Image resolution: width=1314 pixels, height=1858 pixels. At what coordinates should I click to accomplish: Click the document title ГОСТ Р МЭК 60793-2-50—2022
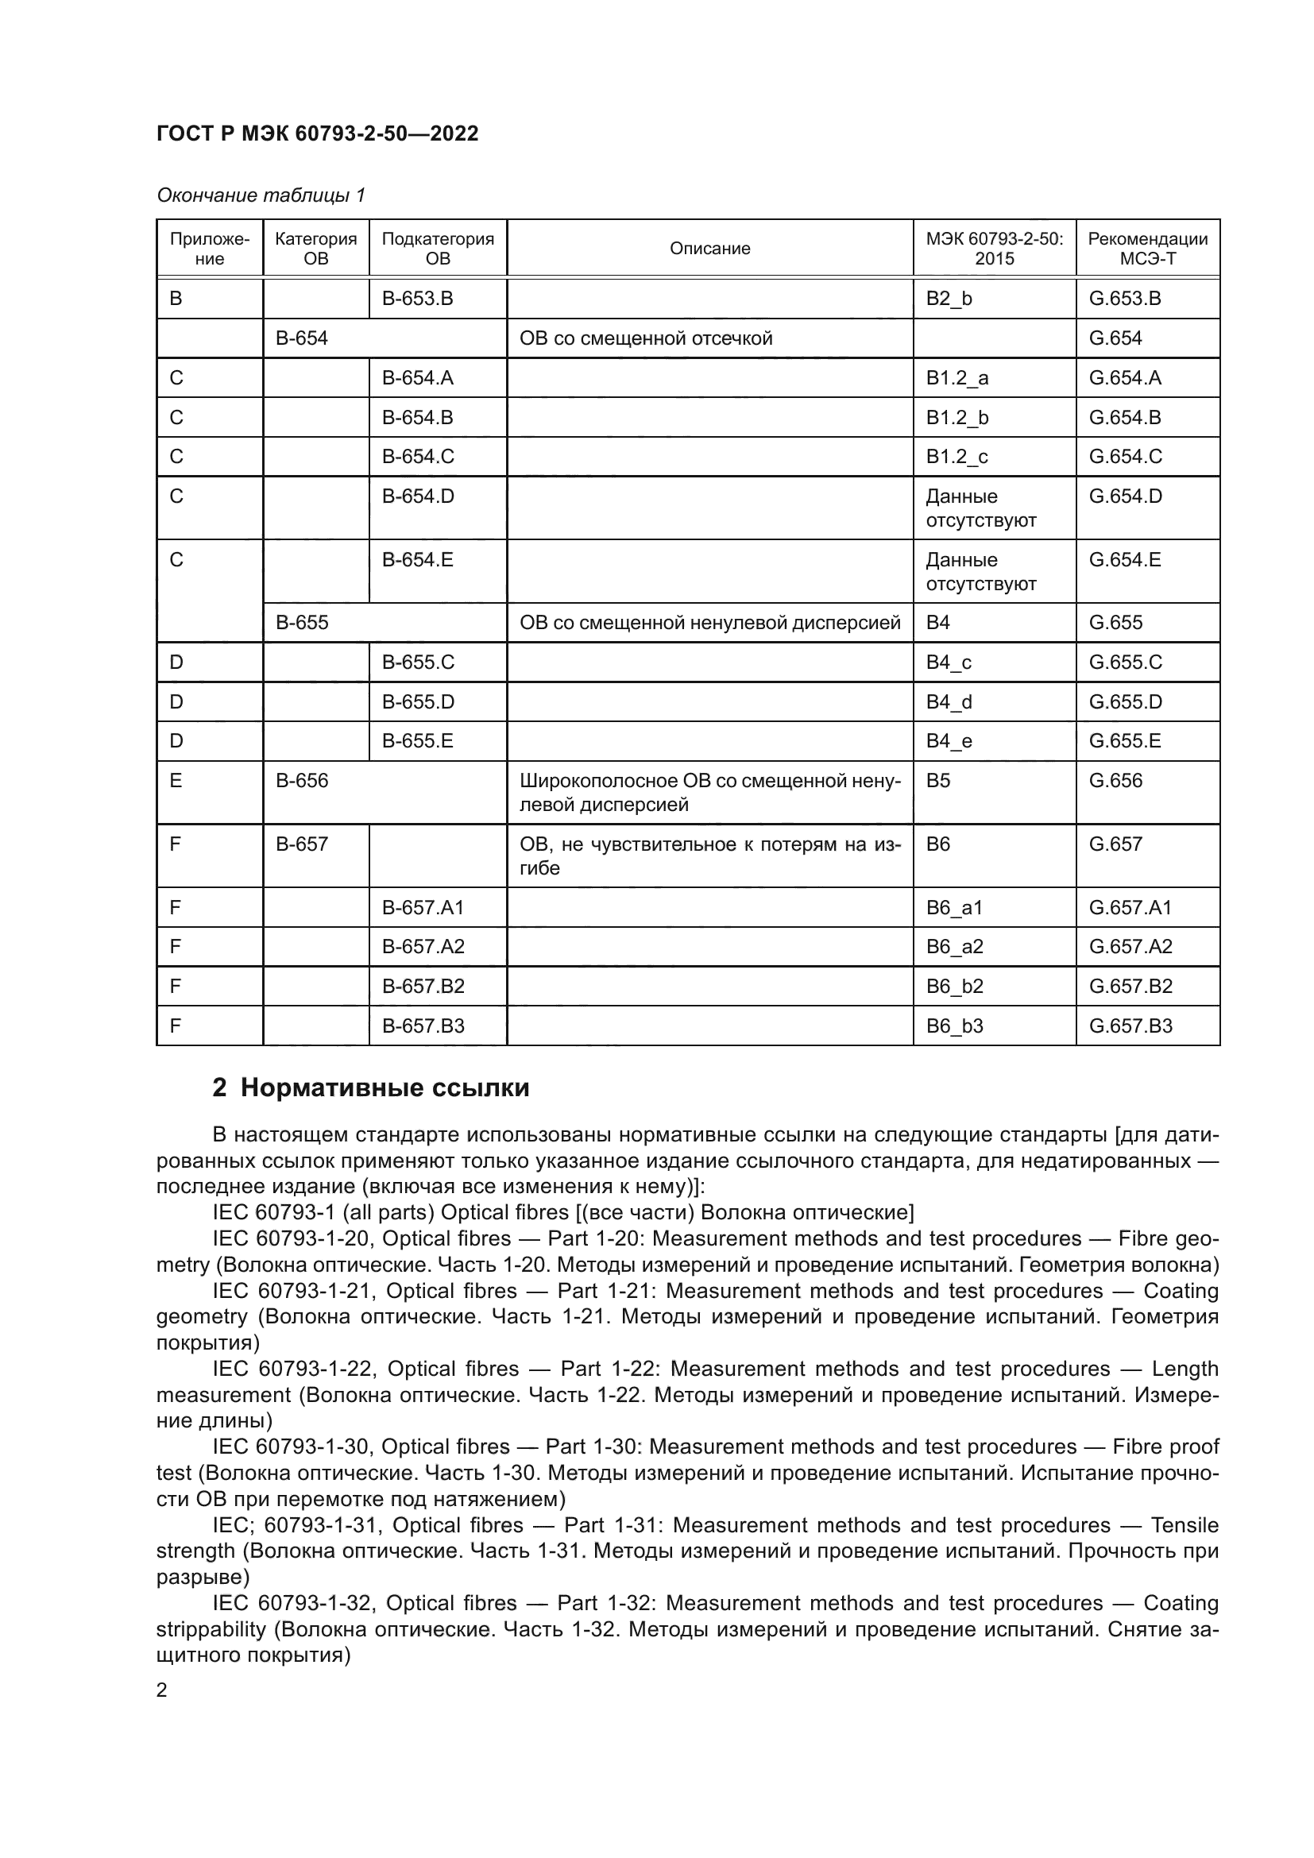tap(317, 133)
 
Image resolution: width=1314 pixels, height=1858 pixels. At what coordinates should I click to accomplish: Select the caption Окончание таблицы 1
tap(261, 195)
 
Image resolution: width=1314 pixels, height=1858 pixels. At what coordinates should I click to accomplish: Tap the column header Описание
tap(709, 249)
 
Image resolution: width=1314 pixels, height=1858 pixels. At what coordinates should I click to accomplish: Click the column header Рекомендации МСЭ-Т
tap(1147, 249)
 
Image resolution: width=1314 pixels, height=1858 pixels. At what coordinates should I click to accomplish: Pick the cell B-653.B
tap(418, 299)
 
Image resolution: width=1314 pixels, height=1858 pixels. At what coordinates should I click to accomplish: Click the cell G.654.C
tap(1125, 457)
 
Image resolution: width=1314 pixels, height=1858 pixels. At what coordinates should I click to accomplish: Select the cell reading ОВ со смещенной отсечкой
tap(646, 338)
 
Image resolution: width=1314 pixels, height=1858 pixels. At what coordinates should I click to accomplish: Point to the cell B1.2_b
tap(957, 418)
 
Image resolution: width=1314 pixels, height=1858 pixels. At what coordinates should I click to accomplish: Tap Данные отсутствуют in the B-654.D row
tap(980, 508)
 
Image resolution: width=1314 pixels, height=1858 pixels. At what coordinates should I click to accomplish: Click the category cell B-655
tap(302, 622)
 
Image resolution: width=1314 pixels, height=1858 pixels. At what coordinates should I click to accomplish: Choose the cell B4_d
tap(949, 701)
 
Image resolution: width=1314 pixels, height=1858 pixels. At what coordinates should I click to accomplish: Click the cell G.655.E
tap(1125, 741)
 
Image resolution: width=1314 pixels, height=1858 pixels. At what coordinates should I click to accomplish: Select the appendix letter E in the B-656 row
tap(176, 781)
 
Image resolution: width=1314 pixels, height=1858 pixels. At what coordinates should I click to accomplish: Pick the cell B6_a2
tap(954, 947)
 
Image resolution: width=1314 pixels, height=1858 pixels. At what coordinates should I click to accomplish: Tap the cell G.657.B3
tap(1130, 1026)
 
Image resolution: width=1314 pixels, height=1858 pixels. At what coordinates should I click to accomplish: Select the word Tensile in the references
tap(1184, 1525)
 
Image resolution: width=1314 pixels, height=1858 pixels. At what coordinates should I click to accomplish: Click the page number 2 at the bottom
tap(162, 1690)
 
